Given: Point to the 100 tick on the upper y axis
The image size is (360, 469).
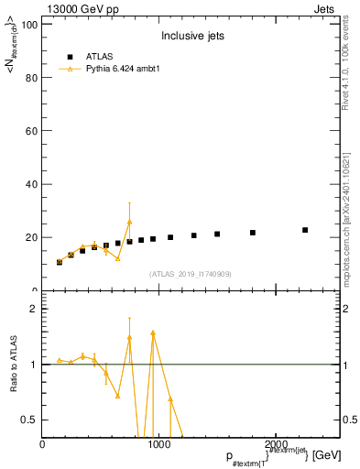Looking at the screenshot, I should [29, 25].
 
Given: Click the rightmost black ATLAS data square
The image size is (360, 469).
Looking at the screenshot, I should [305, 230].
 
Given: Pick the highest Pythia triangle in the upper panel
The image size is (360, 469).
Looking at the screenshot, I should [129, 222].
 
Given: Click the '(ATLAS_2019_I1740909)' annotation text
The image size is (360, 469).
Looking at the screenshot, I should [190, 274].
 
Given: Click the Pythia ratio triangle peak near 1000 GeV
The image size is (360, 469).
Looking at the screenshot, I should [153, 333].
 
